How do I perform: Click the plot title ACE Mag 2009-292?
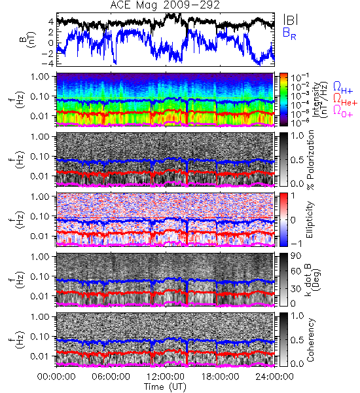[x=165, y=5]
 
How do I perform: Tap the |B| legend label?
[x=291, y=20]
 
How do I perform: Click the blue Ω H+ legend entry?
[x=343, y=88]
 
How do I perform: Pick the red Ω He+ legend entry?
[x=345, y=100]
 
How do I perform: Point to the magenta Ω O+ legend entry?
[x=343, y=111]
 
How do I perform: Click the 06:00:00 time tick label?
[x=111, y=377]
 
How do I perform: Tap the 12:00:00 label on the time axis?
[x=166, y=377]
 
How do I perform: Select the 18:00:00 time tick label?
[x=220, y=377]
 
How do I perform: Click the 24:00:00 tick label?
[x=274, y=377]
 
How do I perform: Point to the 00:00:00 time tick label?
[x=56, y=377]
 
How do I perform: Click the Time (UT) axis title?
[x=165, y=387]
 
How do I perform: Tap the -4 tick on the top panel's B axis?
[x=48, y=63]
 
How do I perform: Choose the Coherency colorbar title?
[x=310, y=340]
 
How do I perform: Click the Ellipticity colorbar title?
[x=310, y=219]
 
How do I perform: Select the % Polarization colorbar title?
[x=310, y=160]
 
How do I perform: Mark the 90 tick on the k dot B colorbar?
[x=296, y=256]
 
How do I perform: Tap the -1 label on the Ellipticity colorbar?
[x=296, y=244]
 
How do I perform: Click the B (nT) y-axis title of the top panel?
[x=29, y=39]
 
